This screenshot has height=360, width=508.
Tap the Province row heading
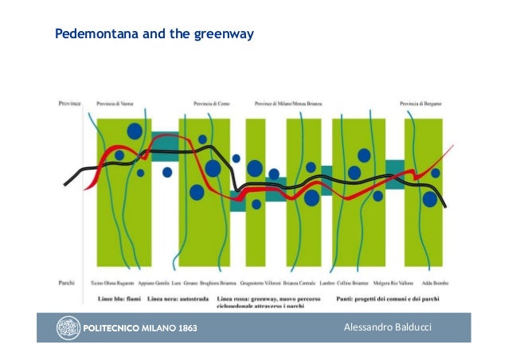point(70,103)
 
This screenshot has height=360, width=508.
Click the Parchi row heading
point(68,282)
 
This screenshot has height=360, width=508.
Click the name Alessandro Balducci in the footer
point(387,327)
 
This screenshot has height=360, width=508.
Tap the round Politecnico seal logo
point(67,327)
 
